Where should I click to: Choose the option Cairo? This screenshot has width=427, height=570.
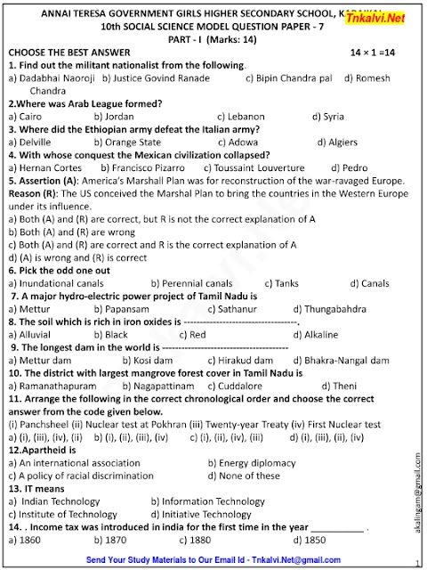point(26,117)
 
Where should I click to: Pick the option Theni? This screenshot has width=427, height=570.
point(339,387)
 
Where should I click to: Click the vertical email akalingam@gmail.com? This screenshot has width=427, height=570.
point(417,489)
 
